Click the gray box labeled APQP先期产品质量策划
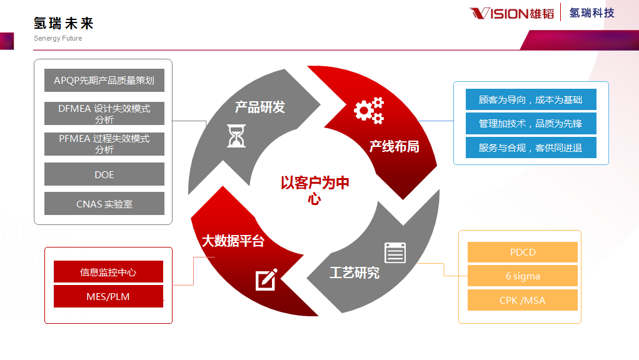(x=104, y=81)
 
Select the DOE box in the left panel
(x=104, y=174)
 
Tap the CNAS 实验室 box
(x=104, y=204)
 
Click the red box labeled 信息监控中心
(x=108, y=272)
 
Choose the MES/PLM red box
(x=108, y=296)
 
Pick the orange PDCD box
(x=522, y=252)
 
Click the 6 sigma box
(x=522, y=276)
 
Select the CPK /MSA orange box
(x=522, y=300)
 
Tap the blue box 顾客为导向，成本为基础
(x=531, y=99)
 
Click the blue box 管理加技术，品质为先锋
(x=531, y=123)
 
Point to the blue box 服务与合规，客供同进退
(x=531, y=147)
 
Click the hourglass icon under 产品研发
(x=236, y=135)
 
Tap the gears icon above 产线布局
(x=369, y=111)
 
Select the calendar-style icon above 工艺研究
(x=395, y=252)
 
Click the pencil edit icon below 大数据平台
(x=266, y=279)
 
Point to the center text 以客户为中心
(x=314, y=190)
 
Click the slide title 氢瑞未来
(x=64, y=24)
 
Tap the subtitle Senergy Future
(x=58, y=38)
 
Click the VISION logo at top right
(x=511, y=13)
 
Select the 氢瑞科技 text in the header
(x=591, y=12)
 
